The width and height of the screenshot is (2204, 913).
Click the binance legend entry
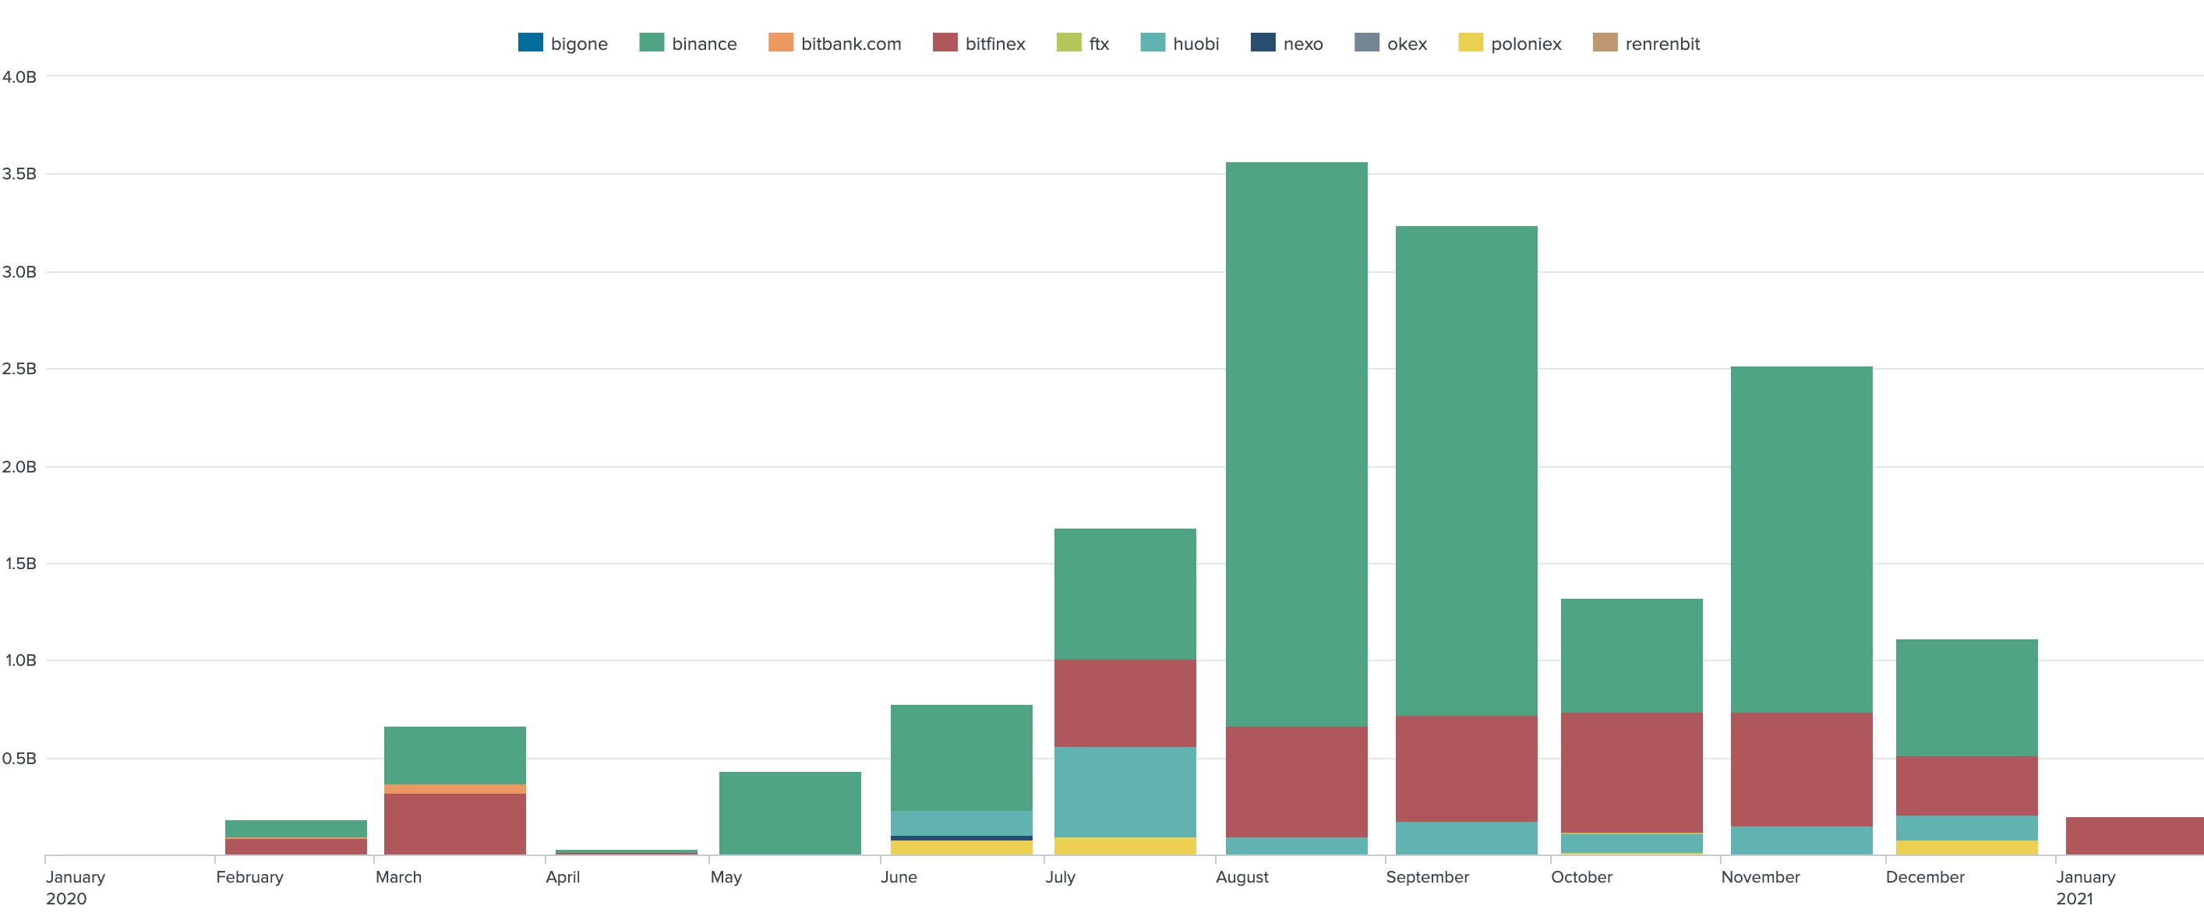pos(688,44)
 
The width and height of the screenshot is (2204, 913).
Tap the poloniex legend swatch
pos(1470,42)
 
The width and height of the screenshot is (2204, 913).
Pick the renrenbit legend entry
pos(1647,44)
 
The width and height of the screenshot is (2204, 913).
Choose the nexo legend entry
pos(1287,44)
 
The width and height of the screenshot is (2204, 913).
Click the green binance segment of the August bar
pos(1296,445)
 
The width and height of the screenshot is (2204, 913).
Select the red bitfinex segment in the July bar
pos(1125,702)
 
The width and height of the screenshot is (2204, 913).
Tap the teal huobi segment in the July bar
pos(1125,791)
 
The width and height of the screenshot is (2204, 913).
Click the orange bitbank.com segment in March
pos(454,789)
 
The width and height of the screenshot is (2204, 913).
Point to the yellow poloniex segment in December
pos(1966,847)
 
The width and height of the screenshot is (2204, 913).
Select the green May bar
pos(789,813)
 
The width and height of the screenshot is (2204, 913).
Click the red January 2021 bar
pos(2134,836)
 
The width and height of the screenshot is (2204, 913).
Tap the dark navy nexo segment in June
pos(961,837)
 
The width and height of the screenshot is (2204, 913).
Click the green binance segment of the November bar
pos(1801,539)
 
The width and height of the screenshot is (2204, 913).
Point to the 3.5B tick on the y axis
pos(19,174)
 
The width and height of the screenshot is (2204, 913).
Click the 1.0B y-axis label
pos(19,660)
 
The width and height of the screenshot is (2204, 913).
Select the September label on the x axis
pos(1427,877)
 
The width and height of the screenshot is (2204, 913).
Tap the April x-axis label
pos(563,877)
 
